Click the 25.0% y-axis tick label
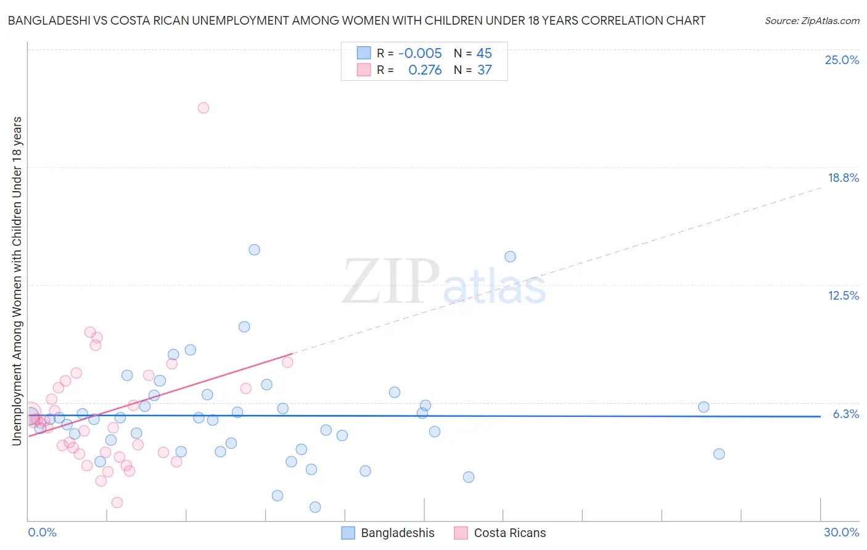pos(842,60)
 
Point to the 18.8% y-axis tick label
pos(843,178)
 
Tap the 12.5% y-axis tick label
pos(843,295)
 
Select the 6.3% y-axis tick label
pos(845,414)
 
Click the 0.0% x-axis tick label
pos(42,532)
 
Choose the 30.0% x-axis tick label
pos(841,532)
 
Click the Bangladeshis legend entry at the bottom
pos(397,533)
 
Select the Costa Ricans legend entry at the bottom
pos(509,533)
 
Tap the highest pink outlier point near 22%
pos(203,108)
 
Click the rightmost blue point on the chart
pos(719,454)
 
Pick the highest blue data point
pos(254,250)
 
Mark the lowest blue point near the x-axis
pos(315,507)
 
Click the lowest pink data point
pos(117,503)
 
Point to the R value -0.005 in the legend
pos(420,54)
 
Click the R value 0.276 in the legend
pos(425,70)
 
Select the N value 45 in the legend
pos(484,54)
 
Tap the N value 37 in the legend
pos(484,70)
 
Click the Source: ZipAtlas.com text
pos(812,21)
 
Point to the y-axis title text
pos(17,281)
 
